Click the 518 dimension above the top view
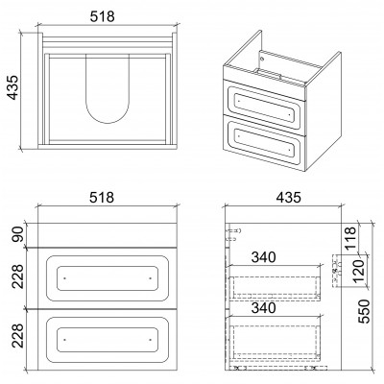102,16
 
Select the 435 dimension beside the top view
13,87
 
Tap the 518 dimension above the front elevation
102,198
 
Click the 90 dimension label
18,234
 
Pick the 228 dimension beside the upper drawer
18,276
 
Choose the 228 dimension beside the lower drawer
18,335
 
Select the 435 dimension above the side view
289,198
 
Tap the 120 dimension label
359,272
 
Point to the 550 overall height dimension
364,311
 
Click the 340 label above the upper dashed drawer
263,257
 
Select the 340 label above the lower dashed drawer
263,308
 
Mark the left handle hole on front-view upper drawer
64,278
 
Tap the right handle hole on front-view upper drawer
151,278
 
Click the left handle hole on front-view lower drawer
64,340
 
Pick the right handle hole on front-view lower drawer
151,340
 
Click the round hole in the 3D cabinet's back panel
262,59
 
